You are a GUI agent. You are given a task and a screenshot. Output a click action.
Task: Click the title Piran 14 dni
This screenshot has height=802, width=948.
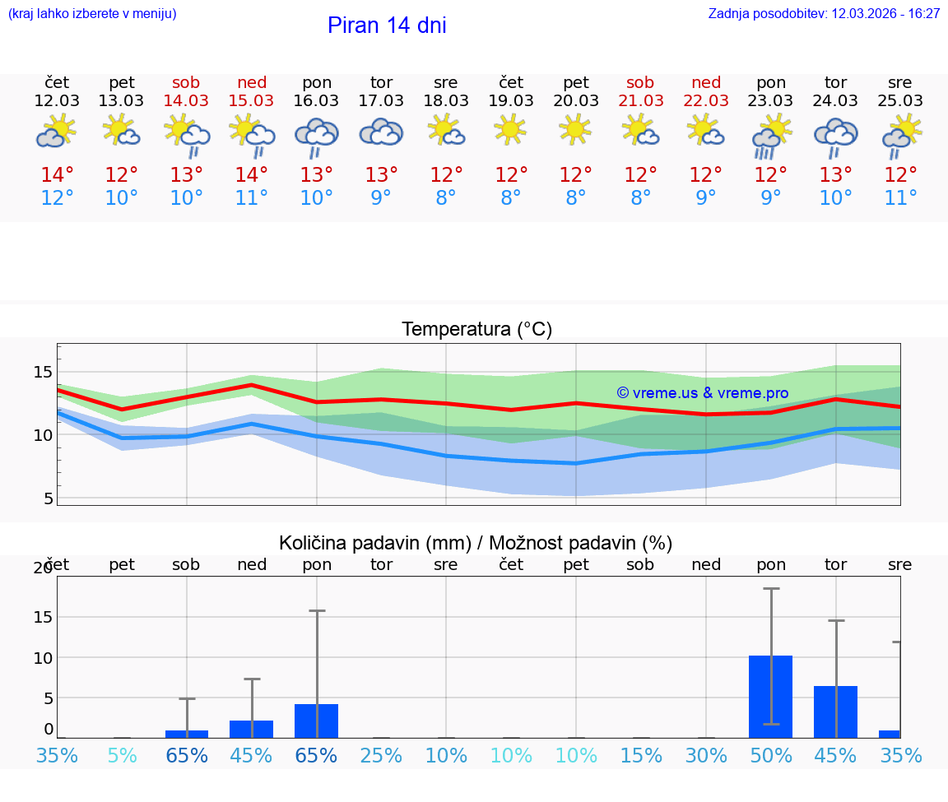[387, 25]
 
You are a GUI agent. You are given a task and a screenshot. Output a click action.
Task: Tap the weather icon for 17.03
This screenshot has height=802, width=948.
[381, 132]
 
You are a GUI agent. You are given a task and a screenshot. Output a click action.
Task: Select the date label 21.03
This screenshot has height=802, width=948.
[640, 100]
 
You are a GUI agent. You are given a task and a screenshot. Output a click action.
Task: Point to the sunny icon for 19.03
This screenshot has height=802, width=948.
[510, 128]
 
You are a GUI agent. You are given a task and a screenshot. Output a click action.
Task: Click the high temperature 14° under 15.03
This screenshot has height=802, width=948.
[252, 175]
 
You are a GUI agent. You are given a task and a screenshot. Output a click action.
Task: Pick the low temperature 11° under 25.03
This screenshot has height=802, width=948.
[900, 198]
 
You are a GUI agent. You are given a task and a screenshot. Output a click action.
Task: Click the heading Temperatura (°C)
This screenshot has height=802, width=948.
[476, 330]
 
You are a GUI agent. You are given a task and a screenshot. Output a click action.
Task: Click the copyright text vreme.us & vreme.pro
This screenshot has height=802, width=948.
[703, 393]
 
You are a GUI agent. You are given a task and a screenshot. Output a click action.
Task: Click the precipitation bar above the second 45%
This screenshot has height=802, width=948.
[835, 712]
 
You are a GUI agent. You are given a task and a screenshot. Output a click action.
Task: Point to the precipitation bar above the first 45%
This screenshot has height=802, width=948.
[251, 729]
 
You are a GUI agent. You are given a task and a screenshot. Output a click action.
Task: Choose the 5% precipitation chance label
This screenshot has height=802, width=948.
[122, 755]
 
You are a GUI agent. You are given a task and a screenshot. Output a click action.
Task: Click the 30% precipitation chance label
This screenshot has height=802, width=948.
[706, 755]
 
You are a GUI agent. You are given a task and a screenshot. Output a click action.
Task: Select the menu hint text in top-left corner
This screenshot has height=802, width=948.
[92, 14]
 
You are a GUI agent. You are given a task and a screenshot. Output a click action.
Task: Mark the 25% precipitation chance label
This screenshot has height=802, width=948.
[381, 755]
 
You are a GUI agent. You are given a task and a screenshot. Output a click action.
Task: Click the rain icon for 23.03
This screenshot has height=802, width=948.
[771, 137]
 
